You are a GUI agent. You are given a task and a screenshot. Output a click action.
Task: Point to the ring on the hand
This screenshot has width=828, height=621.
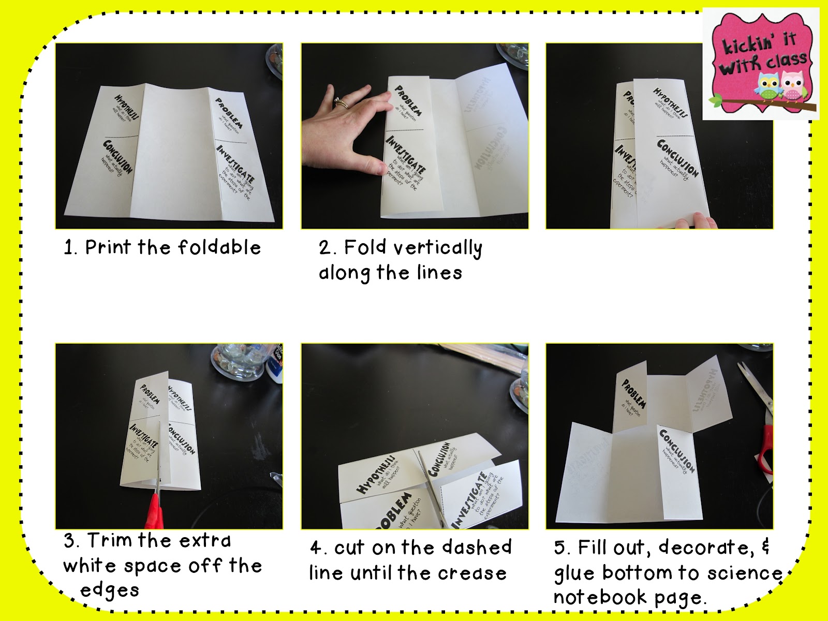coord(341,102)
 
